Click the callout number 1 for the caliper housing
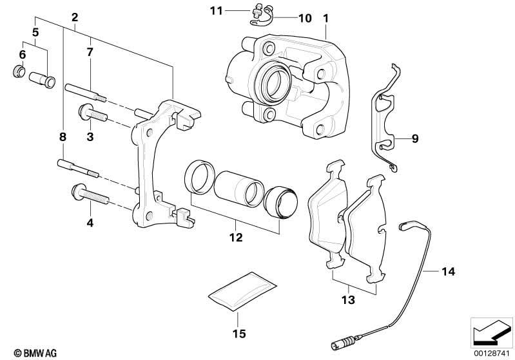(326, 19)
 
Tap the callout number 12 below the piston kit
(236, 237)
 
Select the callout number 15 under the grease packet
(239, 334)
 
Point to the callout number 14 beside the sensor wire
(448, 271)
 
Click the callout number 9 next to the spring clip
(415, 138)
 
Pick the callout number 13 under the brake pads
(348, 299)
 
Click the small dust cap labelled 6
(19, 71)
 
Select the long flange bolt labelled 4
(90, 194)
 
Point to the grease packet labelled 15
(242, 291)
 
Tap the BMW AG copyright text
(35, 353)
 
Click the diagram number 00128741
(491, 353)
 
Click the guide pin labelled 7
(85, 93)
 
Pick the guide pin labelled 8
(78, 168)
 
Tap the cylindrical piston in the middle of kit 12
(238, 189)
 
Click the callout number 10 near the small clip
(305, 18)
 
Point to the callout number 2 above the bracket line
(75, 17)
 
